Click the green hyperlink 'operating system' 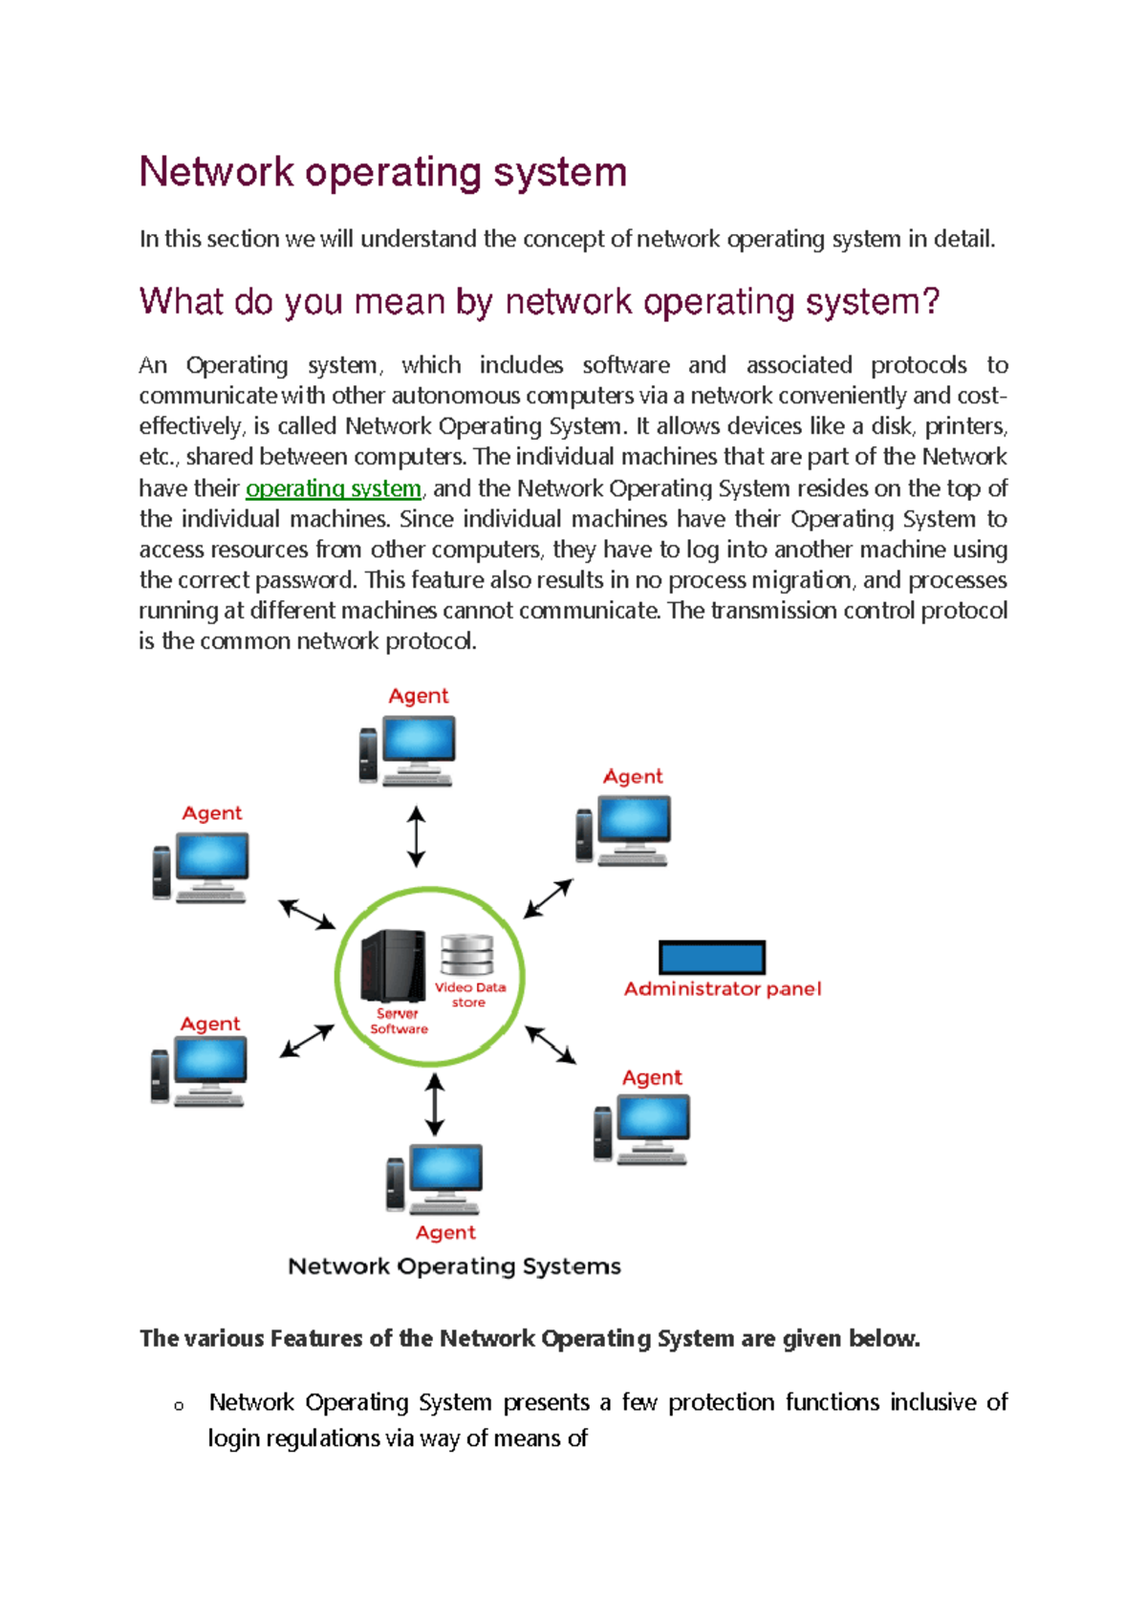[x=334, y=488]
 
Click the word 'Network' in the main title [x=216, y=172]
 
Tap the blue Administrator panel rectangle [x=712, y=957]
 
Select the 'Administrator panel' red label [x=723, y=989]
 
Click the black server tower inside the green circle [x=393, y=965]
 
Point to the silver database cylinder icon [x=466, y=956]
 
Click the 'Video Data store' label [x=469, y=995]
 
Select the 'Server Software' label [x=399, y=1022]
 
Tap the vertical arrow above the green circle [x=416, y=835]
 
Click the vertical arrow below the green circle [x=435, y=1104]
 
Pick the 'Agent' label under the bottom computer [x=445, y=1233]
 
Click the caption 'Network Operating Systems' [x=454, y=1266]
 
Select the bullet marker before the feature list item [x=179, y=1406]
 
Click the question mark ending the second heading [x=930, y=302]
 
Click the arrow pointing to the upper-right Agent [x=549, y=898]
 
